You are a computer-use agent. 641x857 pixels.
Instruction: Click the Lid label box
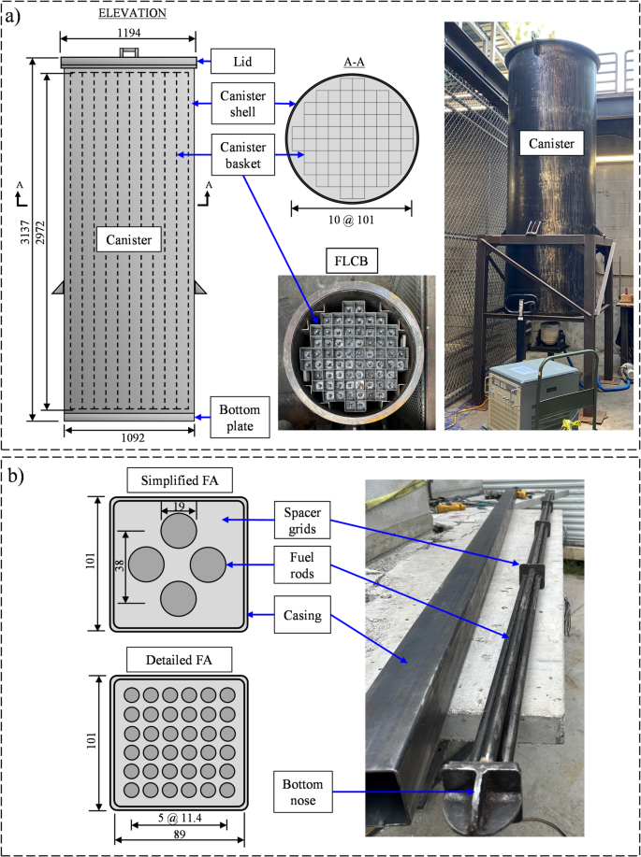[237, 62]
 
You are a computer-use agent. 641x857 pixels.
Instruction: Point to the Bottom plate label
[238, 417]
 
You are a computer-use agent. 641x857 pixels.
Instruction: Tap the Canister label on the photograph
[552, 143]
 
